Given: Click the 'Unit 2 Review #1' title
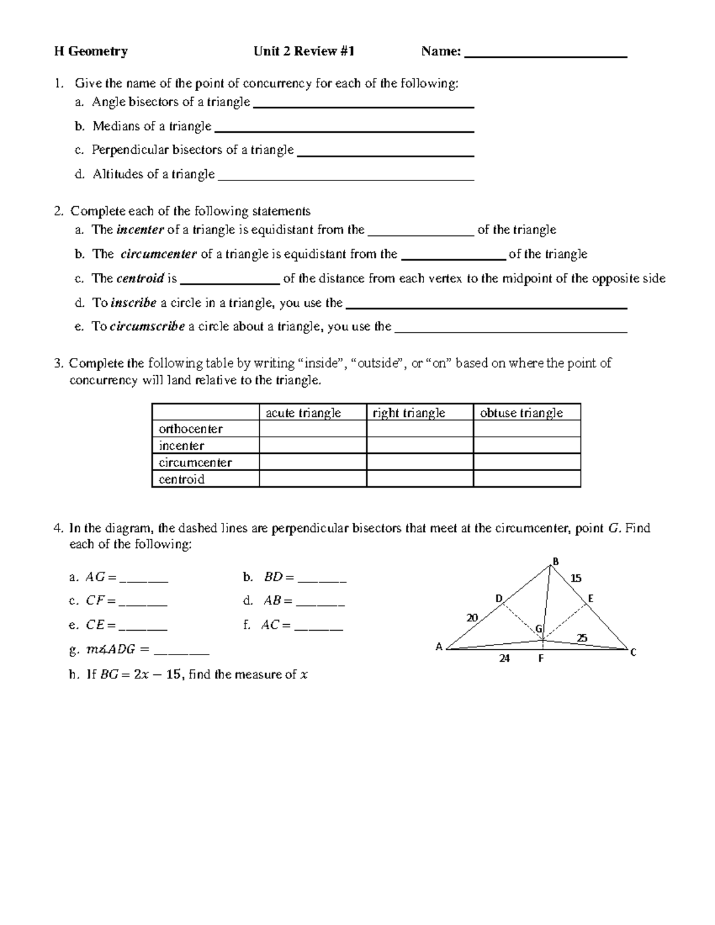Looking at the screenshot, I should [304, 52].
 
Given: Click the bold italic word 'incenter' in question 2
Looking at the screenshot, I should [140, 230].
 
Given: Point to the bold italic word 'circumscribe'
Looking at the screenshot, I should [148, 326].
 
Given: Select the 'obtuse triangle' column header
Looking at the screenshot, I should [521, 413].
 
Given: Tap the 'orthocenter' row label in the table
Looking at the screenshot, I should [191, 429].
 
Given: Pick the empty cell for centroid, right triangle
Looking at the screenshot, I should [419, 479].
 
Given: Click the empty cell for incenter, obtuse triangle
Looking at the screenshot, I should [527, 446].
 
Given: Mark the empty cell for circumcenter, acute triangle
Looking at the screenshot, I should [312, 462].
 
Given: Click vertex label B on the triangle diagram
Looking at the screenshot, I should [555, 561].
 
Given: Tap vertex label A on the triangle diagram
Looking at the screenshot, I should [439, 647].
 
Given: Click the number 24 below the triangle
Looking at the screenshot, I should [505, 659].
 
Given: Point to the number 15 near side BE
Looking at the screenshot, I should [576, 578].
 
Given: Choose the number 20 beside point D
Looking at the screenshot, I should [472, 618].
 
